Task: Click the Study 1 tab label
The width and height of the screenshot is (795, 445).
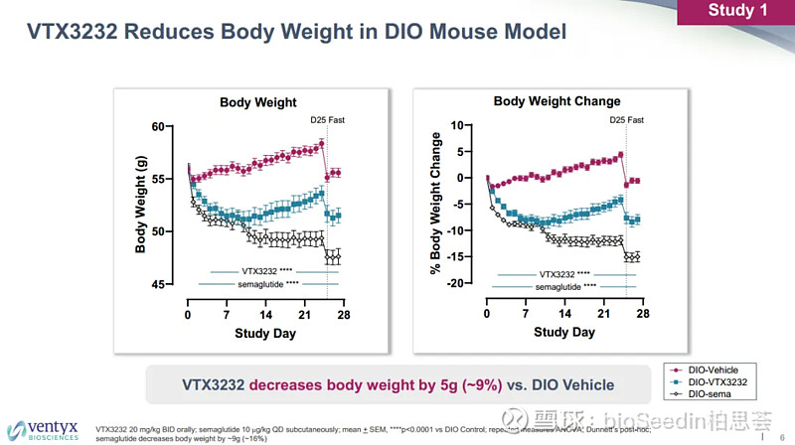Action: (x=737, y=11)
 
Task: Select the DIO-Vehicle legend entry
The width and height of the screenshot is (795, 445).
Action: (x=714, y=370)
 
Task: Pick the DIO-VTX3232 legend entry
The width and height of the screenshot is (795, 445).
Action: (x=716, y=381)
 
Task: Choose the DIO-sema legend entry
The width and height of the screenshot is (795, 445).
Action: (x=710, y=393)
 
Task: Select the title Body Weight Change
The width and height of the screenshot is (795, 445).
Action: (x=556, y=101)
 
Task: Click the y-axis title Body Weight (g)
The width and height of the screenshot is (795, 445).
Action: (x=141, y=206)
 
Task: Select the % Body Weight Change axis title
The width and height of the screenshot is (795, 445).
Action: (x=435, y=206)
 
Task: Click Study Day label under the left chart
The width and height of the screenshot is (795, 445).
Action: (x=265, y=334)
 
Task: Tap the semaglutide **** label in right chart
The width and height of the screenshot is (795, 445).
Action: (x=565, y=287)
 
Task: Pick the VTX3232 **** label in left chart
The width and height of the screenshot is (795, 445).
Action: (x=265, y=271)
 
